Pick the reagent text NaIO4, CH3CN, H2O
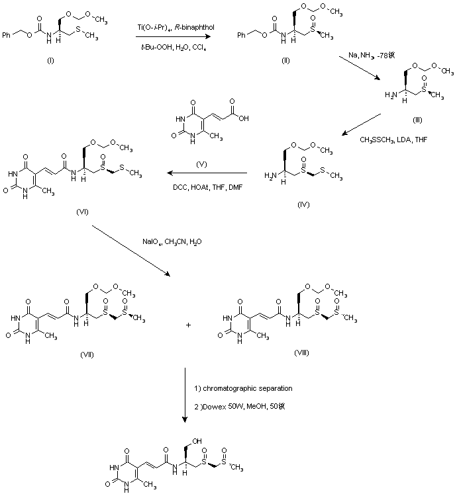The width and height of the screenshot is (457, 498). (171, 241)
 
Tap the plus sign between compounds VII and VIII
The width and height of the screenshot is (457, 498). (189, 325)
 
